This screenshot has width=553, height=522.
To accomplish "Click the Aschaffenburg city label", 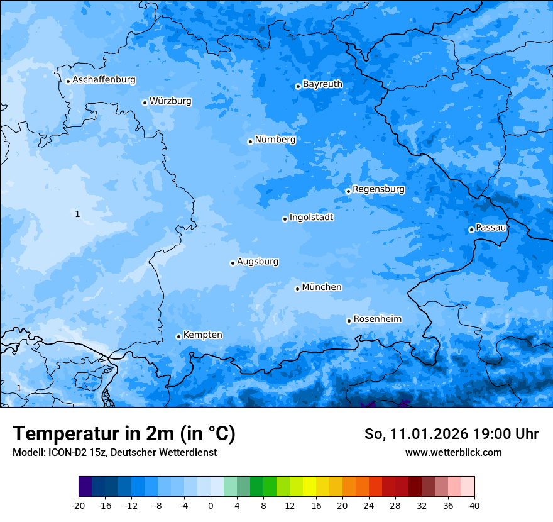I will click(x=104, y=80).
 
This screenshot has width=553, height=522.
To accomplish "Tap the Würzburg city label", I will click(x=170, y=101).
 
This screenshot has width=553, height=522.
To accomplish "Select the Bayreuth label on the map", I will click(x=322, y=84).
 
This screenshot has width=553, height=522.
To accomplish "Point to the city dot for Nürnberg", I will click(x=250, y=142).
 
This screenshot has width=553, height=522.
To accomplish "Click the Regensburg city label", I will click(x=378, y=189).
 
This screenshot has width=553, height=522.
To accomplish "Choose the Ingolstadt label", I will click(x=311, y=218).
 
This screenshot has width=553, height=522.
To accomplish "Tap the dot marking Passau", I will click(x=471, y=230).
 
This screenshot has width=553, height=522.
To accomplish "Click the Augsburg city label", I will click(x=258, y=262).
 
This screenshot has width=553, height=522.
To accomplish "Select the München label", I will click(x=322, y=287).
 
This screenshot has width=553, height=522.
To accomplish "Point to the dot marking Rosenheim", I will click(x=349, y=321).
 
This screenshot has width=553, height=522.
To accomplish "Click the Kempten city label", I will click(x=202, y=335).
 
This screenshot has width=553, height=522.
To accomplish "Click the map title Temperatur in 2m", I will click(x=124, y=434).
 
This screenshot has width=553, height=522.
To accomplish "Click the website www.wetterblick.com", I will click(x=453, y=452).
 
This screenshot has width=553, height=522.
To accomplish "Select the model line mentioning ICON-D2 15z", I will click(x=114, y=452).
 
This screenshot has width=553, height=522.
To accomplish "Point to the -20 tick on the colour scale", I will click(x=79, y=505).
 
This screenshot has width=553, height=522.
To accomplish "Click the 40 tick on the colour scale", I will click(x=474, y=505).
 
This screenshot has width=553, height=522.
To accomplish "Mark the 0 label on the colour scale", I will click(x=211, y=505).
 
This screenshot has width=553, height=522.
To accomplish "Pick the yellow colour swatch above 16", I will click(x=309, y=487).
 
